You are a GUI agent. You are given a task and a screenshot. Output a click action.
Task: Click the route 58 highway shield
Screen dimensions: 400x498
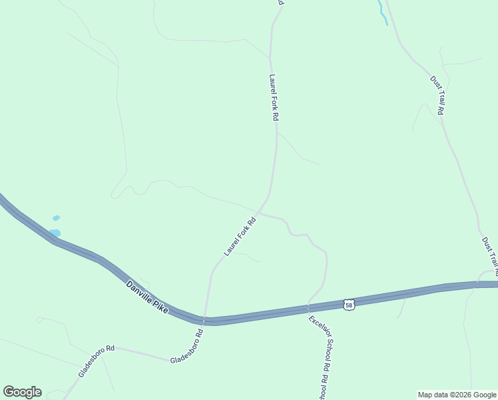350,305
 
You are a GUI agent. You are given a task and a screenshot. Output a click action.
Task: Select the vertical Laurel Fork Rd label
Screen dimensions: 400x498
273,97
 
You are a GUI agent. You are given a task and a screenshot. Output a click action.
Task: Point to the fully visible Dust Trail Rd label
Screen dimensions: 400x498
437,95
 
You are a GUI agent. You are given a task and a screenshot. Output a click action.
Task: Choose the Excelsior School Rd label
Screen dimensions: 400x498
320,343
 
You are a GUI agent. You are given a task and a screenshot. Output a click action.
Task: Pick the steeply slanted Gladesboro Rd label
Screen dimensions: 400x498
97,361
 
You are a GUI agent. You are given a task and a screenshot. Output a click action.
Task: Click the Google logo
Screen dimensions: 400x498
22,392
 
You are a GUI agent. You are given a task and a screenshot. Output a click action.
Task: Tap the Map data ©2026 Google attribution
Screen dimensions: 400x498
457,395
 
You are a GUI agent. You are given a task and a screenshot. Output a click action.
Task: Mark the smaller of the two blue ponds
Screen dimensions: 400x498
56,218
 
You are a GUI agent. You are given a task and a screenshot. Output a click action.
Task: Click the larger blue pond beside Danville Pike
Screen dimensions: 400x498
54,233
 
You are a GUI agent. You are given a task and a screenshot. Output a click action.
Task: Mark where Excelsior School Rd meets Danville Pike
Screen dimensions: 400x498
308,309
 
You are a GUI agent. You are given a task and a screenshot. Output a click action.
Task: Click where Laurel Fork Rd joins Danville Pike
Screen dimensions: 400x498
206,318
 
